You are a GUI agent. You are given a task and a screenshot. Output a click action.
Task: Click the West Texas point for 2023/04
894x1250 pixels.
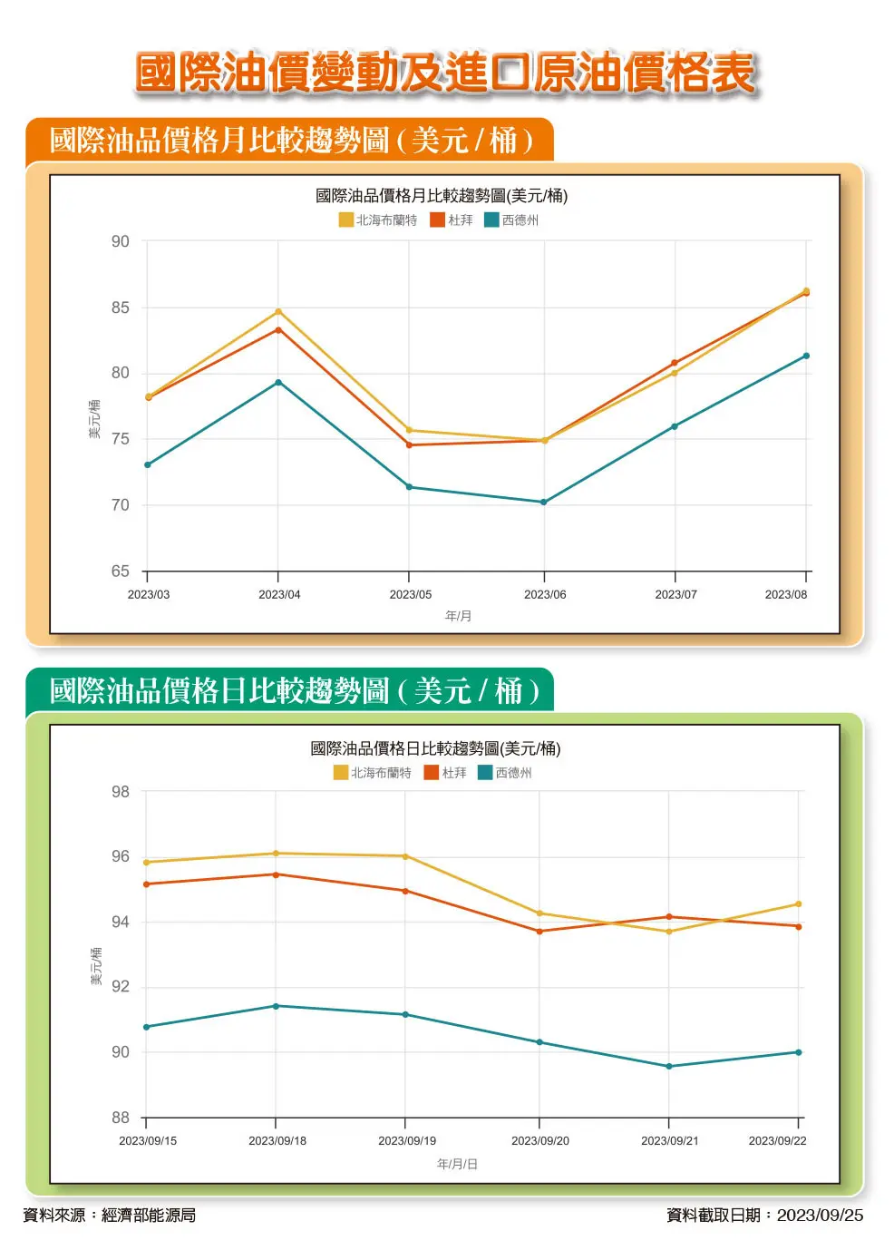click(x=278, y=382)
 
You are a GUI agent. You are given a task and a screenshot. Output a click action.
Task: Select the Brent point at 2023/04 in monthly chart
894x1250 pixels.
click(x=278, y=311)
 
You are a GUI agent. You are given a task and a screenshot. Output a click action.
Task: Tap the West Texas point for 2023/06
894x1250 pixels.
click(x=544, y=502)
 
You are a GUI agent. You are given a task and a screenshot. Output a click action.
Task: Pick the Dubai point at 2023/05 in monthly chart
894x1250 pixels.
click(x=409, y=444)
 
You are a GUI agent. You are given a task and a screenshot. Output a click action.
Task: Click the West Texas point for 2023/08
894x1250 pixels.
click(x=806, y=356)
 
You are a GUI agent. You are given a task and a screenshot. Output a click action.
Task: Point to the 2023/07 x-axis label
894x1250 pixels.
click(x=675, y=594)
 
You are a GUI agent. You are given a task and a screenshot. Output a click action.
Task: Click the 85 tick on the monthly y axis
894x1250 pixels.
click(x=121, y=308)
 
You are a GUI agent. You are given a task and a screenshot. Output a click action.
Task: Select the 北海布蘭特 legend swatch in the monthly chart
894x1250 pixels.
click(x=345, y=220)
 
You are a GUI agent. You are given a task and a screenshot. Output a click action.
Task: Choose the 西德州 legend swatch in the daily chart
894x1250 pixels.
click(x=485, y=773)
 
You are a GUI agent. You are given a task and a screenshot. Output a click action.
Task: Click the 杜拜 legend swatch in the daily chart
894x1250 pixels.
click(x=432, y=773)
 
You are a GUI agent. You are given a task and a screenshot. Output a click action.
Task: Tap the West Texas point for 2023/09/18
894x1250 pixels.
click(x=276, y=1006)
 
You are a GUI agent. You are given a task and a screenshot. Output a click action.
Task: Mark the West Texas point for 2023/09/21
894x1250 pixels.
click(x=669, y=1066)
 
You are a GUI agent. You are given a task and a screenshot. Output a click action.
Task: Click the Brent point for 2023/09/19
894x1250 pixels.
click(x=405, y=856)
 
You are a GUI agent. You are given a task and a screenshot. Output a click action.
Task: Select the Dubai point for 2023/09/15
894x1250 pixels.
click(x=146, y=884)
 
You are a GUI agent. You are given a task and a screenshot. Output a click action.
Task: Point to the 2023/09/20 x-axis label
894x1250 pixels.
click(x=539, y=1140)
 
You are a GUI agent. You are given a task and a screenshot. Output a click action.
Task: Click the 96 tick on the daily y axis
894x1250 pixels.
click(x=121, y=856)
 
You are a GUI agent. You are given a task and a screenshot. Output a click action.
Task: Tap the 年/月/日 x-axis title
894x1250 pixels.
click(x=457, y=1164)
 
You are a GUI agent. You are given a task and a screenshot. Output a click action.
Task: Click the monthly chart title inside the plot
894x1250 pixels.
click(x=442, y=195)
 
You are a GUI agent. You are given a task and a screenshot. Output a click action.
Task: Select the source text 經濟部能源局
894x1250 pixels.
click(x=149, y=1215)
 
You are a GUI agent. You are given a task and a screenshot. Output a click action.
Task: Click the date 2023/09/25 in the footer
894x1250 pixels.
click(x=820, y=1215)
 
